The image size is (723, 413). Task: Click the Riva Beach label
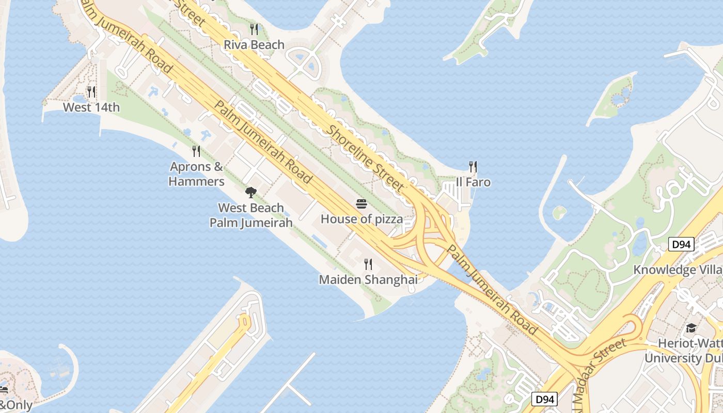[x=254, y=45]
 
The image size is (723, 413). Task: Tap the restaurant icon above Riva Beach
[x=254, y=29]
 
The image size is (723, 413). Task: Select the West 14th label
[x=91, y=107]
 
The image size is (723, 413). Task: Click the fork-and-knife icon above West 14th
[x=91, y=92]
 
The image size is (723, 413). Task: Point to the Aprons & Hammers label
[x=196, y=174]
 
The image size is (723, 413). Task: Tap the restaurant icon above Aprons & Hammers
[x=196, y=151]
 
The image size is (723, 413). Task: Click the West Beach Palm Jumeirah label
[x=251, y=215]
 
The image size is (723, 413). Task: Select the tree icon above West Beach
[x=251, y=193]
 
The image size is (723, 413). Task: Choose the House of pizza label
[x=361, y=219]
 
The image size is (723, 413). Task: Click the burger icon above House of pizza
[x=361, y=204]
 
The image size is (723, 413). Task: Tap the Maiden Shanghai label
[x=368, y=279]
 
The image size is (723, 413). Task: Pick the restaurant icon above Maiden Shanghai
[x=368, y=264]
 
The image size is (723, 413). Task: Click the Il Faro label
[x=473, y=182]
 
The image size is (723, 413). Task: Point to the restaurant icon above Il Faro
[x=473, y=166]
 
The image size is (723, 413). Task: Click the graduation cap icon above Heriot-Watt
[x=691, y=328]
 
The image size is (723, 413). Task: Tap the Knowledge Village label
[x=678, y=269]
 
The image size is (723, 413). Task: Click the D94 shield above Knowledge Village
[x=681, y=244]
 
